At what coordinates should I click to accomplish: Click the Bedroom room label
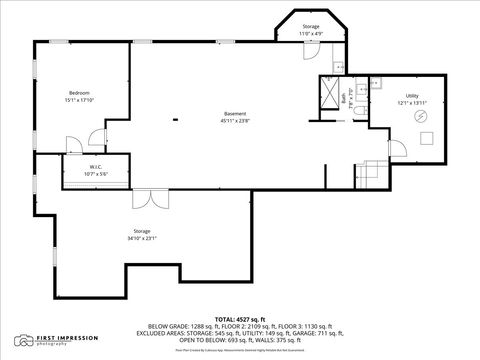pos(79,92)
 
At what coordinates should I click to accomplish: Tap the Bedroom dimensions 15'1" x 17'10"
pos(79,100)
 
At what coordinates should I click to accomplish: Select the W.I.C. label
pos(95,167)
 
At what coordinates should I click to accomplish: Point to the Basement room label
pos(235,113)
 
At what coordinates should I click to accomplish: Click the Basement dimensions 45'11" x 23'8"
pos(235,121)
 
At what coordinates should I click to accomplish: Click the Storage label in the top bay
pos(310,27)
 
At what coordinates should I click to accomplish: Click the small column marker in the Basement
pos(176,121)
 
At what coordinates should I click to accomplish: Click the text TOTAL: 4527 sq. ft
pos(240,318)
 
